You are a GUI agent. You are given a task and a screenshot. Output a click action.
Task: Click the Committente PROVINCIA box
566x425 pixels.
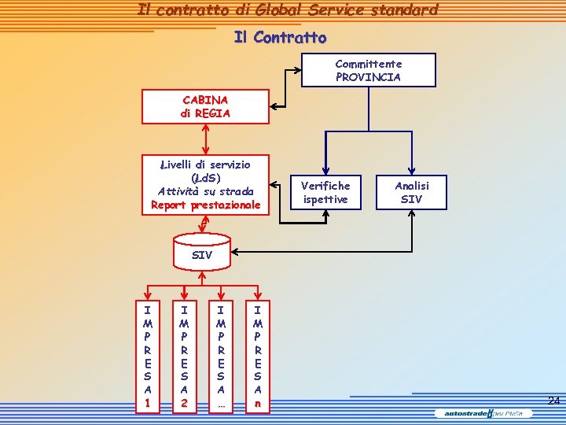tap(368, 70)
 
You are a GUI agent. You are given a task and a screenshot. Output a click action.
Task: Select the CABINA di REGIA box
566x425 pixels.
tap(205, 106)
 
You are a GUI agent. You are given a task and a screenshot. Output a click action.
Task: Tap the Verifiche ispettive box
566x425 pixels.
tap(325, 192)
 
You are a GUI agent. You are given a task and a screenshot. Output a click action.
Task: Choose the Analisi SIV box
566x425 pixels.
tap(411, 192)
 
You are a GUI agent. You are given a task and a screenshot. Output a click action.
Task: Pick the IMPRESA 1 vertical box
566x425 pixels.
tap(147, 355)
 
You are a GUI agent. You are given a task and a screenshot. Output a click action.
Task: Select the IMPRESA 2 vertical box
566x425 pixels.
tap(184, 355)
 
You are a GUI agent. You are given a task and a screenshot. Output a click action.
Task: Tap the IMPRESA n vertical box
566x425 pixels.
tap(257, 355)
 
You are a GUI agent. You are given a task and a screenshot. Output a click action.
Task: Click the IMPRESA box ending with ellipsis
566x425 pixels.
tap(221, 355)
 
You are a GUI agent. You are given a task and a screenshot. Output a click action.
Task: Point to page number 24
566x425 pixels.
tap(553, 401)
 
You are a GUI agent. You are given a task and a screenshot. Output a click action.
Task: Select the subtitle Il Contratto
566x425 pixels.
tap(280, 38)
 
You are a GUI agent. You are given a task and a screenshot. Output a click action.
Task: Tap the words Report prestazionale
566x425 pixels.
tap(205, 205)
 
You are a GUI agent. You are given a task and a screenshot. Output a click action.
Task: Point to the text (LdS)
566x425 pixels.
tap(204, 178)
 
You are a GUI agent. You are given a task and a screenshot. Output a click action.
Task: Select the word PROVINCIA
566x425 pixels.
tap(368, 77)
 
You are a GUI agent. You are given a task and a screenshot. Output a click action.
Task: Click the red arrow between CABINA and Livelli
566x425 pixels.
tap(205, 139)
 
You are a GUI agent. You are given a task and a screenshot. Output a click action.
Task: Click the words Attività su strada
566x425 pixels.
tap(205, 191)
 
